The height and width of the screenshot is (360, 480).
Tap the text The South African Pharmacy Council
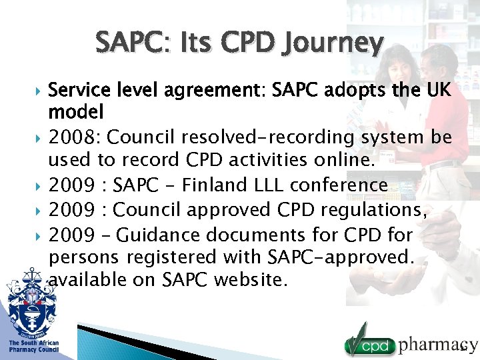pos(33,346)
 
